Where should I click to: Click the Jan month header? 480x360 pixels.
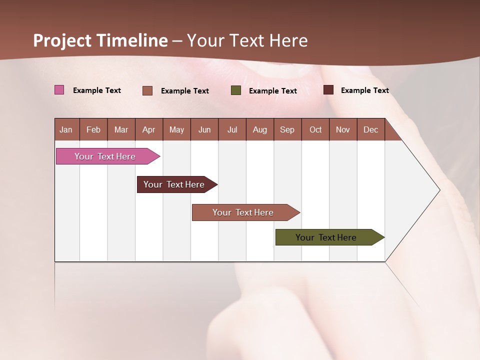click(66, 129)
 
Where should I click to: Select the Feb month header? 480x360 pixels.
click(93, 129)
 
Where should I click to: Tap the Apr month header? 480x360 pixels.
click(148, 129)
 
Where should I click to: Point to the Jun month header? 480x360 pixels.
click(204, 129)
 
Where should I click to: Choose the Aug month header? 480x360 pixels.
click(259, 129)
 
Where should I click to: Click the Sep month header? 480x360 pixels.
click(287, 129)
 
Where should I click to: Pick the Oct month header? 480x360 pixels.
click(315, 129)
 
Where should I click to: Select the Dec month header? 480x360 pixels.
click(370, 129)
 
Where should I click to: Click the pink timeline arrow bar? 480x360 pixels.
click(105, 156)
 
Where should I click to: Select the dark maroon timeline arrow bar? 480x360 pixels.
click(174, 184)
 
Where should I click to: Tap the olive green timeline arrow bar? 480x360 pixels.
click(326, 237)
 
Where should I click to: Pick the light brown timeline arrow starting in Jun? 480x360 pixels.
click(243, 212)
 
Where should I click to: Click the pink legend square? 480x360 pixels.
click(59, 90)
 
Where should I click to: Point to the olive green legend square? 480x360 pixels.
click(236, 90)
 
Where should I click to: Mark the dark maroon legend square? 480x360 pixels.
click(328, 90)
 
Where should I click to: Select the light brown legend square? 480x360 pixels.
click(147, 90)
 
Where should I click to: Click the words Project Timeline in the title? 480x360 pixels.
click(100, 40)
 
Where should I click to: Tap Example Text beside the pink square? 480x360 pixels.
click(97, 90)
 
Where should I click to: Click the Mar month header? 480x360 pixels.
click(121, 129)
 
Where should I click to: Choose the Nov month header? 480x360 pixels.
click(343, 129)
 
